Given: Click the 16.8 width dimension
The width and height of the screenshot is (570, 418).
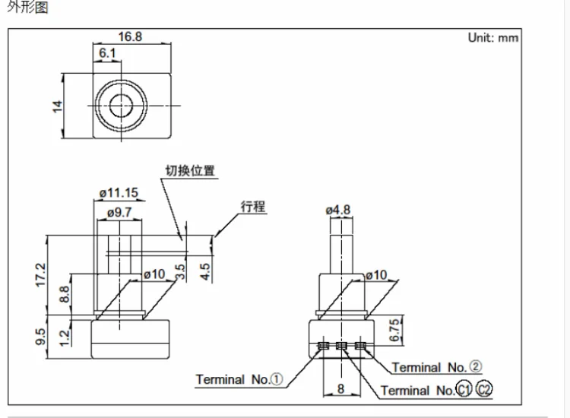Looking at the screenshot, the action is coord(130,36).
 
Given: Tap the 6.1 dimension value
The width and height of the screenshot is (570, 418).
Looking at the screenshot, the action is coord(107,53).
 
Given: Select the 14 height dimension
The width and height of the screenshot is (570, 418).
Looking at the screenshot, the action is coord(58,106).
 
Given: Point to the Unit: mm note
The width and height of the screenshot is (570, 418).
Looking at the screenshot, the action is coord(493,38).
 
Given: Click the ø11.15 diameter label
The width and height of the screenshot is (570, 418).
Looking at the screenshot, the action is coord(119,192).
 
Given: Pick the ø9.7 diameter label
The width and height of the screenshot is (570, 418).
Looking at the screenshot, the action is coord(119,212).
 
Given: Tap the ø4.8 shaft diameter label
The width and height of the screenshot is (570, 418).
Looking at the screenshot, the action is coord(338,210).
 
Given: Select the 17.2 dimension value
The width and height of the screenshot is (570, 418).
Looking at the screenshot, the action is coord(41,275).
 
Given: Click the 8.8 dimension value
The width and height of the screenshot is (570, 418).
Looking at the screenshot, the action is coord(65,294).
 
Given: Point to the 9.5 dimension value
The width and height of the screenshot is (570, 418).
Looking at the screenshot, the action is coord(41,337).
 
